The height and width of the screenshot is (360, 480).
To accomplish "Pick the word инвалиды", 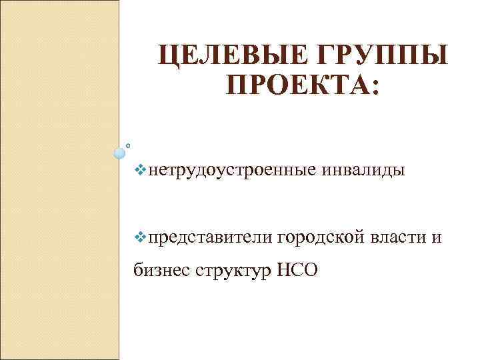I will click(363, 171).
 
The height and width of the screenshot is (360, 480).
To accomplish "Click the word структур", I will click(231, 271).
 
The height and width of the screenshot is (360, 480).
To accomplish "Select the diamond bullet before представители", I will click(139, 236).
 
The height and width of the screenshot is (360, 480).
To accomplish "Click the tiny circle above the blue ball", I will click(128, 143).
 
